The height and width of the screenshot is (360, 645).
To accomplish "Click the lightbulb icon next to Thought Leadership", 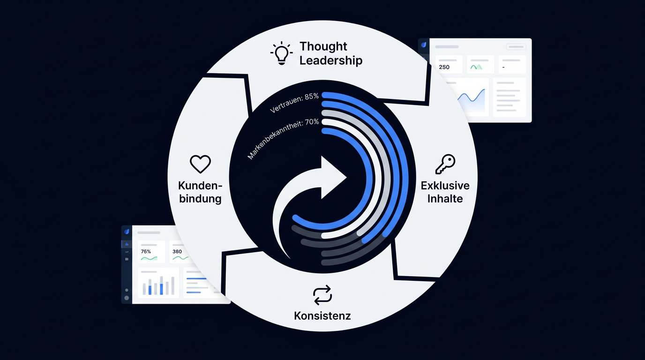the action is pos(282,53).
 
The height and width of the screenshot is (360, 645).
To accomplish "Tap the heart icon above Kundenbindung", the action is pos(201,164).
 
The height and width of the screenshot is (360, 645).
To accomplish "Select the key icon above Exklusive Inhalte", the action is pos(445,164).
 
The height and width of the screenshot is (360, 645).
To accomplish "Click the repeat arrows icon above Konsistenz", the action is pos(322,295).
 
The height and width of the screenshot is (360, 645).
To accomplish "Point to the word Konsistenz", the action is pos(322,316).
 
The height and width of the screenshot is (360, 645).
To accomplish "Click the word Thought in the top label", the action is pos(323,46).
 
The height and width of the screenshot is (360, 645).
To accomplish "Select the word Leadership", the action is pos(331,60).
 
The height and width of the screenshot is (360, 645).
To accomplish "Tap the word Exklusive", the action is pos(445,186).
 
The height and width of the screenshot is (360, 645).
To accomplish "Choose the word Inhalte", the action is pos(445,199).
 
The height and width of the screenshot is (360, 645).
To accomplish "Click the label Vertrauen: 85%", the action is pos(294,103).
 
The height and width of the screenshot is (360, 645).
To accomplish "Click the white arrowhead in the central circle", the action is pos(333,177).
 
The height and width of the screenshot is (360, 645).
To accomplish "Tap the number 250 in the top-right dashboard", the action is pos(444,67).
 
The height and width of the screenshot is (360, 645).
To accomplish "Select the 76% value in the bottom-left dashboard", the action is pos(146,251).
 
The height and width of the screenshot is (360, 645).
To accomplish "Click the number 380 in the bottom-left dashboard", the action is pos(177,251).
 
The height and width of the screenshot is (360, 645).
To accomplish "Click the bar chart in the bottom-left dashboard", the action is pos(158,285).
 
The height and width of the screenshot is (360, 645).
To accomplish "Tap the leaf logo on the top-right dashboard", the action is pos(424,45).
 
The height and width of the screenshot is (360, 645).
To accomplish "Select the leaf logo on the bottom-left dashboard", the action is pos(127,232).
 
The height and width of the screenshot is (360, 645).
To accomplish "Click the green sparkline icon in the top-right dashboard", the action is pos(476,67).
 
